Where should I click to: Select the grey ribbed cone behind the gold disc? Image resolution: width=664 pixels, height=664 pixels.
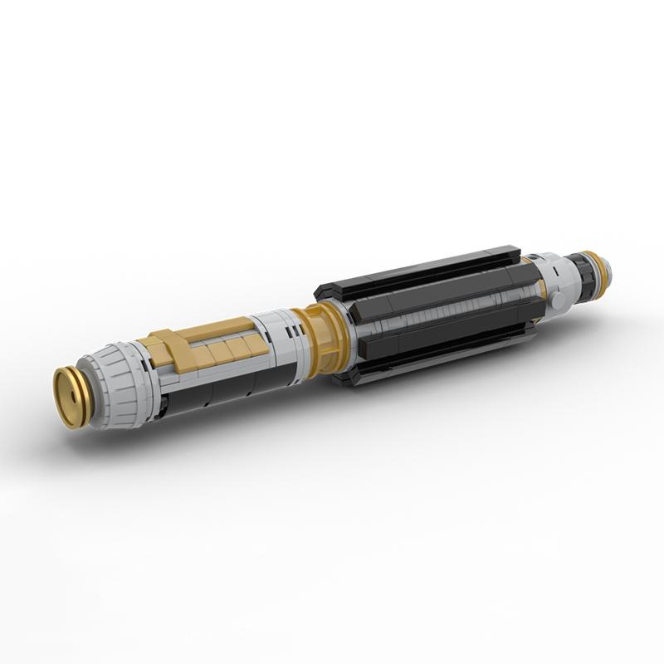coord(116,386)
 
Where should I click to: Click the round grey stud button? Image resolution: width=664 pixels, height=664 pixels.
coord(559,296)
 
